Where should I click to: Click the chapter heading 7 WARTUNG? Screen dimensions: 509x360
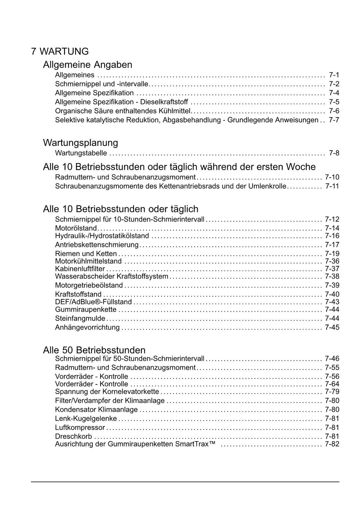(60, 51)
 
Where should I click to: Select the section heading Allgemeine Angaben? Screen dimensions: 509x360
(88, 65)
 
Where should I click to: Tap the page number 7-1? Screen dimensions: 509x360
(334, 75)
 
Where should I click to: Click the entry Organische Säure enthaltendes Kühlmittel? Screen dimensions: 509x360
(123, 111)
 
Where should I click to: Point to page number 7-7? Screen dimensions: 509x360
(334, 120)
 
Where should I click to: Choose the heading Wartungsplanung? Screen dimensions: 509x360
(81, 143)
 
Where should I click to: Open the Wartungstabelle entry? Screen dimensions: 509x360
(81, 153)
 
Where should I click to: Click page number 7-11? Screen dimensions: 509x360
(332, 186)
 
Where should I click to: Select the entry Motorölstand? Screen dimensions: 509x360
(76, 228)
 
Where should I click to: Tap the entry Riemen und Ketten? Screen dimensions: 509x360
(86, 254)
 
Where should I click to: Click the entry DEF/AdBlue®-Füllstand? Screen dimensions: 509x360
(94, 302)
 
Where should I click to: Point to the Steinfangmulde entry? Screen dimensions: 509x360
(80, 319)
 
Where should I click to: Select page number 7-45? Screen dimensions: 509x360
(332, 327)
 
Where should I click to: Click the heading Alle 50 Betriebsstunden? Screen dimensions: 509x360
(94, 350)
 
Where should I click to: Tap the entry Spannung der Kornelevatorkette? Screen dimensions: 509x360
(107, 392)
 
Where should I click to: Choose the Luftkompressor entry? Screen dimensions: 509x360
(80, 428)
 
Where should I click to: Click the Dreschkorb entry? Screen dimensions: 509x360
(73, 437)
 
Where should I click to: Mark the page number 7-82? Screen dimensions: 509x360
(332, 444)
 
